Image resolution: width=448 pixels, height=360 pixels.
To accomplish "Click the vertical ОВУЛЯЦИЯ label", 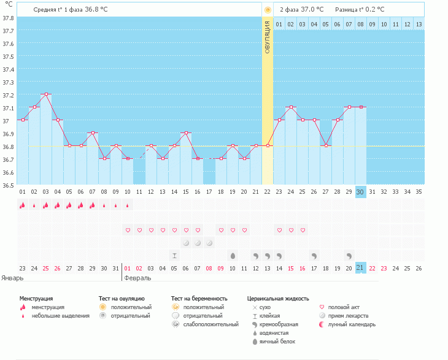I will click(x=268, y=37).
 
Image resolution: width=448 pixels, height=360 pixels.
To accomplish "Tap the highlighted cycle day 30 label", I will click(x=360, y=191).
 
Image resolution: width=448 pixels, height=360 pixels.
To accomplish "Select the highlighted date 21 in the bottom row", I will click(x=360, y=268).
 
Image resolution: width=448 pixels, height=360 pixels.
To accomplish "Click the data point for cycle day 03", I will click(x=46, y=94).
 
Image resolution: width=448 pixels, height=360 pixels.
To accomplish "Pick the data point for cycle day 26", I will click(x=314, y=120).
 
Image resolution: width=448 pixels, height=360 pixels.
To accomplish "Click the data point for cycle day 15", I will click(x=186, y=132).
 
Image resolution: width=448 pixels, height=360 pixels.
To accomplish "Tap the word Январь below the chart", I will click(x=12, y=278).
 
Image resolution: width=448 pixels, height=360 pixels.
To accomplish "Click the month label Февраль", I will click(x=137, y=278).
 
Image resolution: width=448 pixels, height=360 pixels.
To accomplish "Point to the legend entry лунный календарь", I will click(x=352, y=324).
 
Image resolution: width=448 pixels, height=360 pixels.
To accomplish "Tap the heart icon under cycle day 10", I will click(x=128, y=230).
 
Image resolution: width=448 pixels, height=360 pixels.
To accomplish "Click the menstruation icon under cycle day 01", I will click(x=23, y=205).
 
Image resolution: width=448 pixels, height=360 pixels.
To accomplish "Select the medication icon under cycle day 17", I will click(x=209, y=243).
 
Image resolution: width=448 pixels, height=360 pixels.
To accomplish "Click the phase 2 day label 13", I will click(x=419, y=25).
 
